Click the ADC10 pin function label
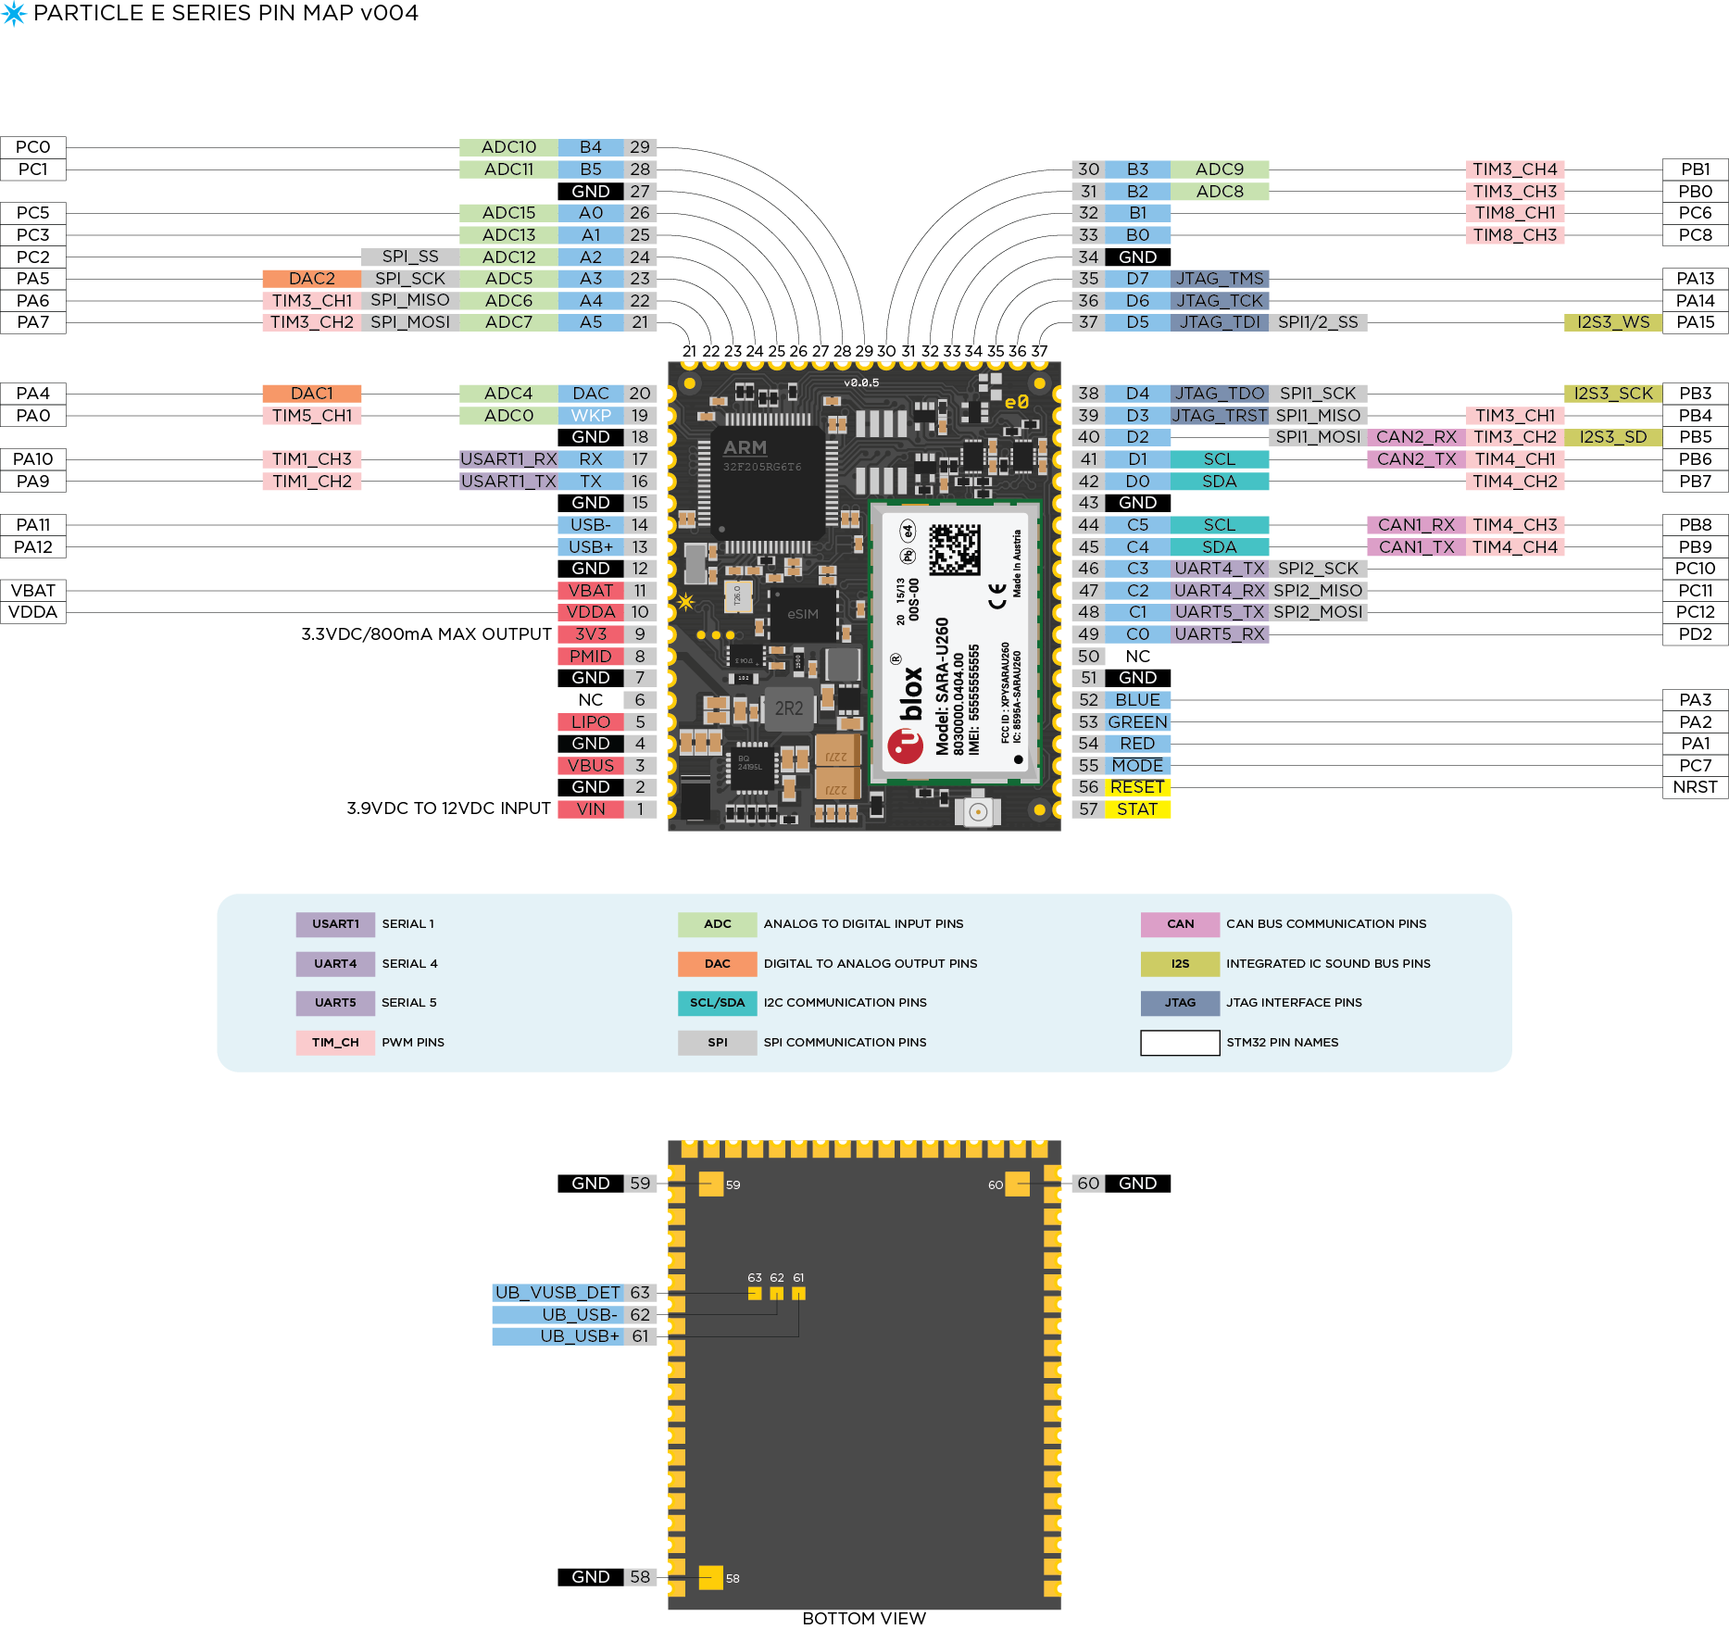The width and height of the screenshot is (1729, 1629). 508,147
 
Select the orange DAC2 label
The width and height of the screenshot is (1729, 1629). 311,279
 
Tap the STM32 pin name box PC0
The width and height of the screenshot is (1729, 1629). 33,147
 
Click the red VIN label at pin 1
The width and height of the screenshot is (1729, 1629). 590,809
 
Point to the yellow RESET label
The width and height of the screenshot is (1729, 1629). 1137,787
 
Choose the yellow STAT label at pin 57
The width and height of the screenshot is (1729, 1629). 1137,809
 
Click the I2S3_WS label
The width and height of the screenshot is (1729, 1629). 1612,322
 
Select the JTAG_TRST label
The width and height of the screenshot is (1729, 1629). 1219,416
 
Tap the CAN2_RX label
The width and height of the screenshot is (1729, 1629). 1415,437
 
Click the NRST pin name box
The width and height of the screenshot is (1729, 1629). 1695,787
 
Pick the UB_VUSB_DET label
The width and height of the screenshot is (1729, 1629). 557,1293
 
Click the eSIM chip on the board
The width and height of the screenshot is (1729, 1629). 802,614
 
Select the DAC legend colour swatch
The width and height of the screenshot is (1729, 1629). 717,964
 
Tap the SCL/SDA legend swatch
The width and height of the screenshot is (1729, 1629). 717,1003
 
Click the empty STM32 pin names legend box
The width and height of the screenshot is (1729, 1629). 1180,1043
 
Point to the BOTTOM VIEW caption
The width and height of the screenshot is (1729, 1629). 863,1618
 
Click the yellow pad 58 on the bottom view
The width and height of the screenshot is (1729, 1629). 710,1577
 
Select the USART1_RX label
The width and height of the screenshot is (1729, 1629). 508,459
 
